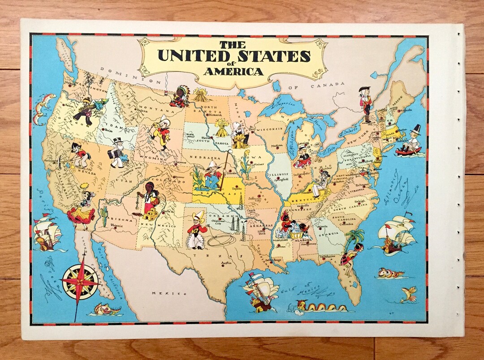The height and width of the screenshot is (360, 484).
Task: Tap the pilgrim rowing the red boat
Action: pyautogui.click(x=410, y=142)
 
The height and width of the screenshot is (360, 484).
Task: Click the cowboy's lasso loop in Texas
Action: pyautogui.click(x=221, y=241)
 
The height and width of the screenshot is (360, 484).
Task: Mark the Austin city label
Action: pyautogui.click(x=226, y=263)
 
